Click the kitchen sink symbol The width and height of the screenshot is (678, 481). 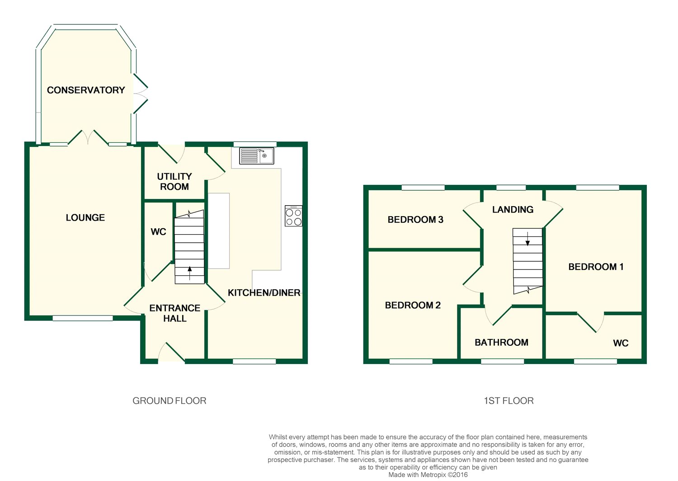256,156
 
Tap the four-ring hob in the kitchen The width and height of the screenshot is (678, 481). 293,216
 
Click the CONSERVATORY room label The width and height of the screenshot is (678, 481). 86,90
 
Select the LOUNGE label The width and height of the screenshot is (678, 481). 85,217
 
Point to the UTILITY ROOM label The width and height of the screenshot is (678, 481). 174,181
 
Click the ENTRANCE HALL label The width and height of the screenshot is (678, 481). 175,313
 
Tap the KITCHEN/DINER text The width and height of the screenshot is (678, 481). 264,293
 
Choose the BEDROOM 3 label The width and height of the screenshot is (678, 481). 415,219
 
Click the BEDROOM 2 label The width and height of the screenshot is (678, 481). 413,305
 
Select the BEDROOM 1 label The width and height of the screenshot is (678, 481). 596,267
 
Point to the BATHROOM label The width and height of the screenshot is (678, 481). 502,342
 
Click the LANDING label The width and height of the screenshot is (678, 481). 513,209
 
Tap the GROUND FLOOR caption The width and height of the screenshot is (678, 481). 169,401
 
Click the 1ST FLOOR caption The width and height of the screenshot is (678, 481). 509,401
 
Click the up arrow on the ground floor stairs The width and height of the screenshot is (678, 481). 190,273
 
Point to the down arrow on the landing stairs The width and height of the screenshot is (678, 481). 527,239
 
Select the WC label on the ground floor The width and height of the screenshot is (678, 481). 158,232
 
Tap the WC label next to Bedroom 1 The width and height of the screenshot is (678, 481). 621,343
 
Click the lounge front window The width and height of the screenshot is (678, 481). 83,318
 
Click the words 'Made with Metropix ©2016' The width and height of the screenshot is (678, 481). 428,475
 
